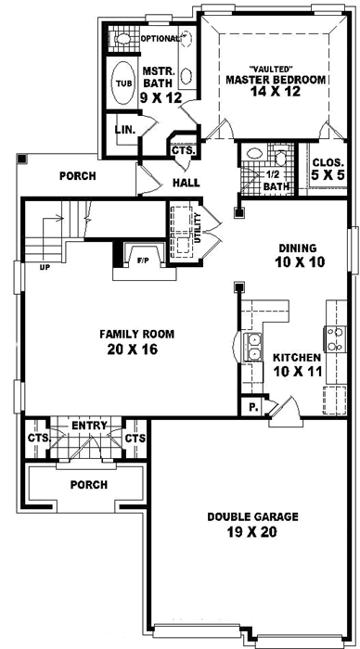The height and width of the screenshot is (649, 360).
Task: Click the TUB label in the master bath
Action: coord(122,82)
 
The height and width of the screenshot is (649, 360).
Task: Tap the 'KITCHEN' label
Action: coord(297,357)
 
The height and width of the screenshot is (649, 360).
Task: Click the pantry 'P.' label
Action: coord(252,406)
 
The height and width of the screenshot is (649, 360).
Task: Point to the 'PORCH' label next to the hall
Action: coord(77,175)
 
